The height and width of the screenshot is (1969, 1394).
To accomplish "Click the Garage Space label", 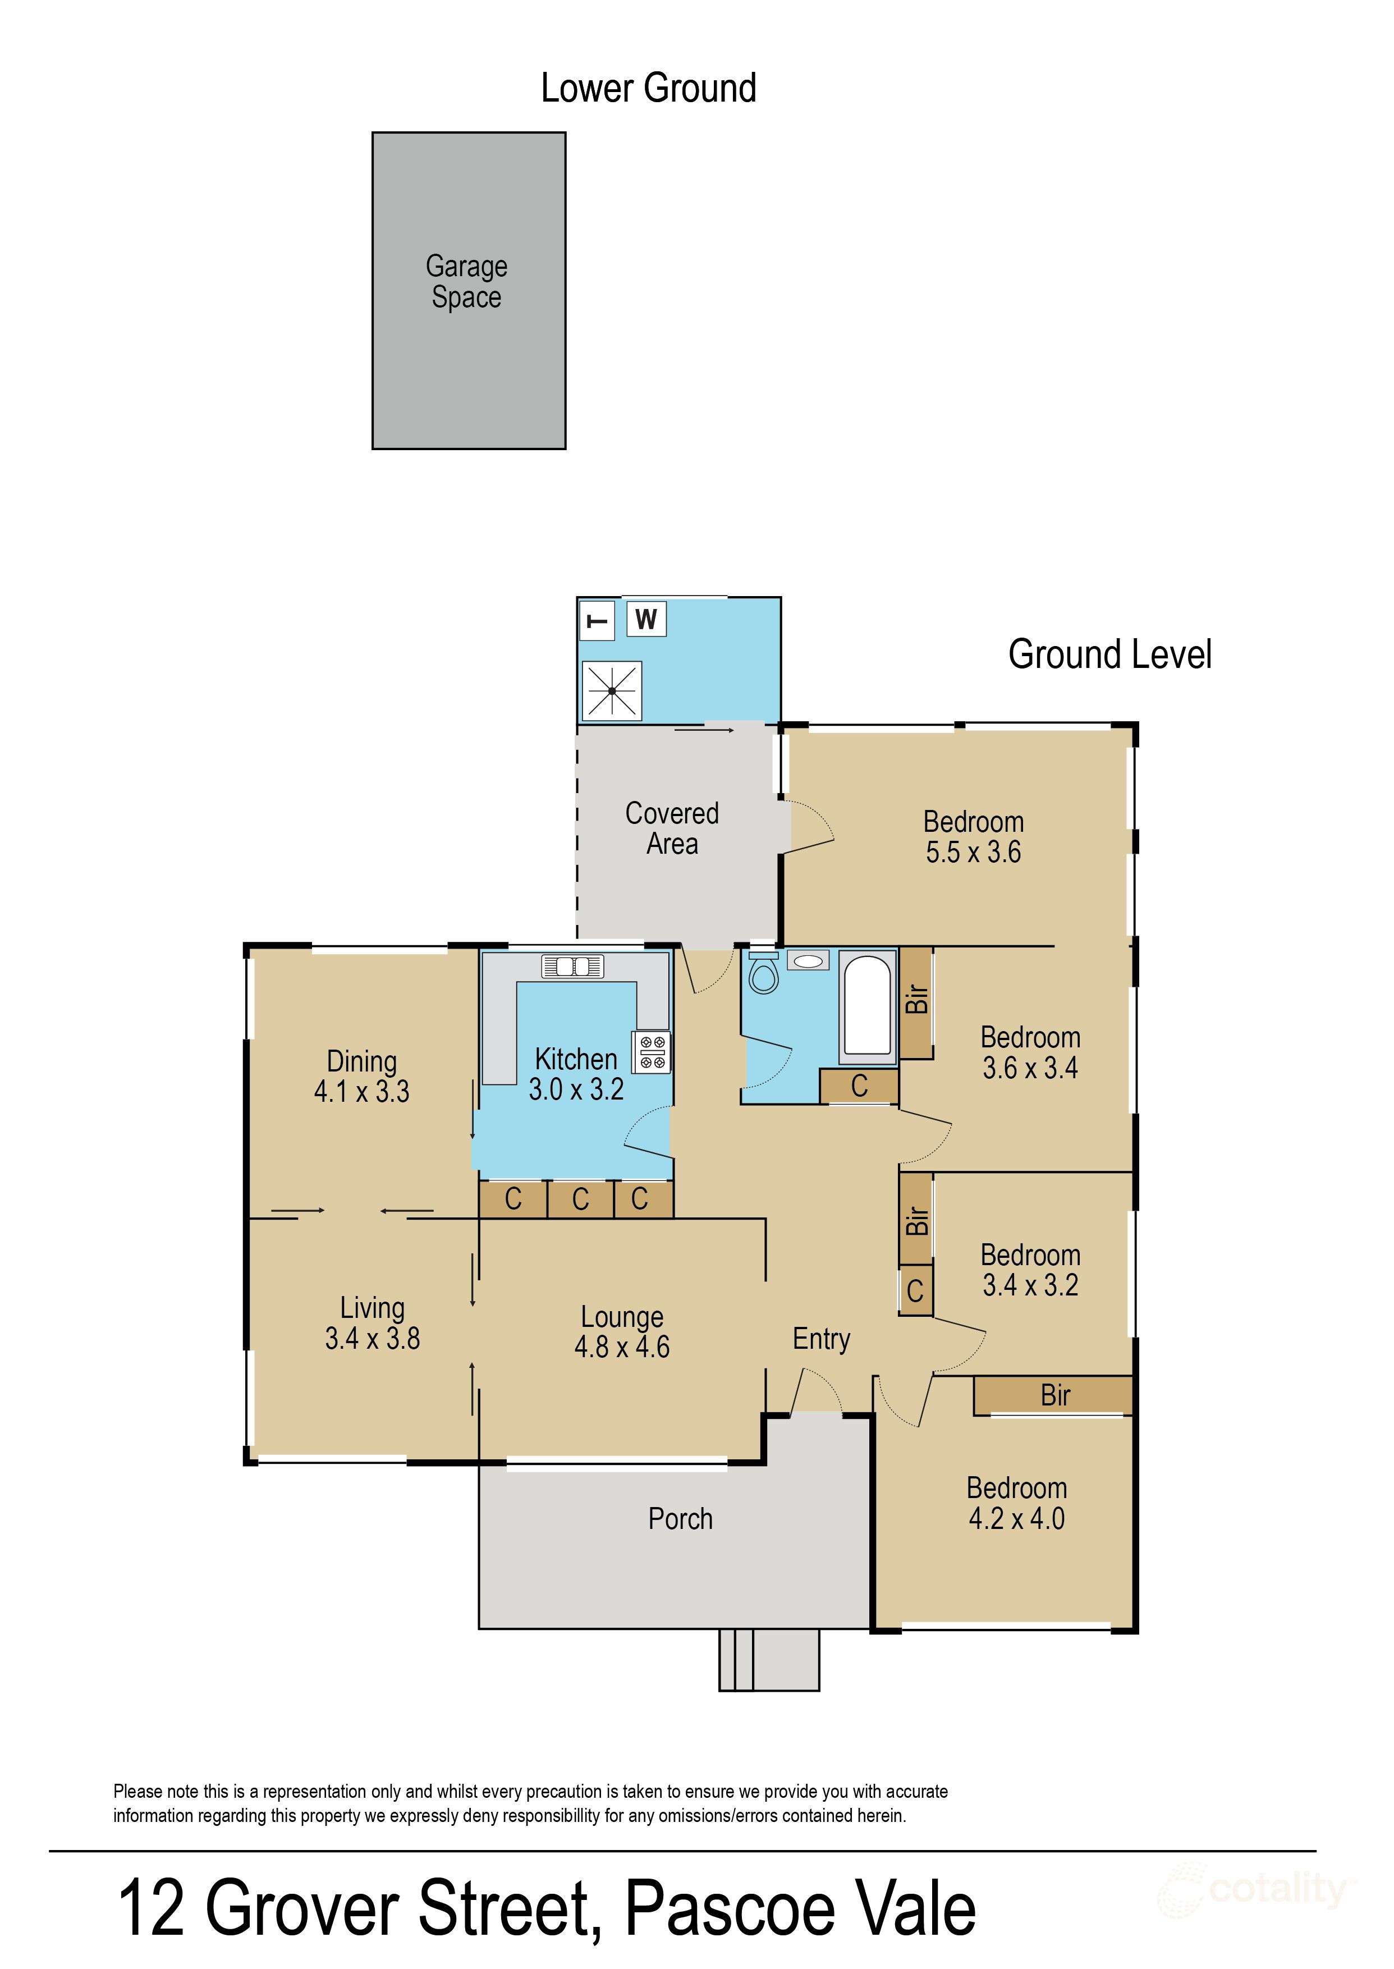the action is pyautogui.click(x=466, y=282).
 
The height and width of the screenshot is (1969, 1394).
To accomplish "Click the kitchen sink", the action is pyautogui.click(x=572, y=967).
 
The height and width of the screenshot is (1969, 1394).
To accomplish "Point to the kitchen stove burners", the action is pyautogui.click(x=652, y=1052).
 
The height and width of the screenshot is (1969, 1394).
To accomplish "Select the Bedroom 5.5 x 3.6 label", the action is pyautogui.click(x=974, y=837).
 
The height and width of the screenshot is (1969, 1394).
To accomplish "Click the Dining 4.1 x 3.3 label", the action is pyautogui.click(x=361, y=1077).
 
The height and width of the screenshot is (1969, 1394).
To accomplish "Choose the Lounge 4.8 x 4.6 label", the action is pyautogui.click(x=621, y=1331).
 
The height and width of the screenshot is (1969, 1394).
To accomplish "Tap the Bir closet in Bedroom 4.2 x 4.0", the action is pyautogui.click(x=1053, y=1395).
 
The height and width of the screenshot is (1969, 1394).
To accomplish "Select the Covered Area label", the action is pyautogui.click(x=672, y=828).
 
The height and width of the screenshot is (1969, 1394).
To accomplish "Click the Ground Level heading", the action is pyautogui.click(x=1110, y=654).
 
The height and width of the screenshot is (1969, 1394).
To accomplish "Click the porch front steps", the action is pyautogui.click(x=768, y=1659).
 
